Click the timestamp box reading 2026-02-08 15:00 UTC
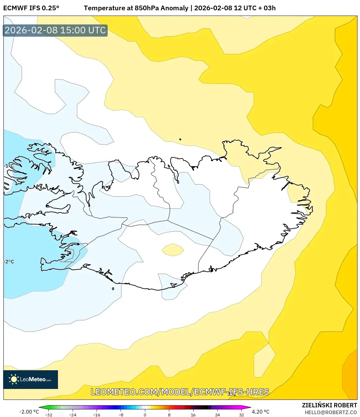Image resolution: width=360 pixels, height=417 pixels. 55,30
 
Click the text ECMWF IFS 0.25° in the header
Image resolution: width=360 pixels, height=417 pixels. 31,8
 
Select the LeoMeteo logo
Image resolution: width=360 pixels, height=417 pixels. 31,379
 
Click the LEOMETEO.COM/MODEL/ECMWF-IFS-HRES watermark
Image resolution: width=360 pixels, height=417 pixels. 180,392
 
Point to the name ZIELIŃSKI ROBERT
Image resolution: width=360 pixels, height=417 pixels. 329,405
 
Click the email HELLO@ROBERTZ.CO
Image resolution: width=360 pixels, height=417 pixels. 331,412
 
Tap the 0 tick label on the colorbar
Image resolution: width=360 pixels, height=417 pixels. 145,415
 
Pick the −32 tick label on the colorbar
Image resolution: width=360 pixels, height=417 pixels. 48,415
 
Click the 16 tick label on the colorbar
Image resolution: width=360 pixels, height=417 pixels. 193,415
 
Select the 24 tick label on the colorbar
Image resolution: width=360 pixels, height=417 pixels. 217,415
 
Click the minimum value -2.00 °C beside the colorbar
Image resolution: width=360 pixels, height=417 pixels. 29,412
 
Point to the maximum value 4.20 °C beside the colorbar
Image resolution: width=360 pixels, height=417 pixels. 261,412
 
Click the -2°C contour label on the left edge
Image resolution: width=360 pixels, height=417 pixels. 9,261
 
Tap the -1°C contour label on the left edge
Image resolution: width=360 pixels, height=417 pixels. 9,166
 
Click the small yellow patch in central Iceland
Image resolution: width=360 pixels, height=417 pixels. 173,250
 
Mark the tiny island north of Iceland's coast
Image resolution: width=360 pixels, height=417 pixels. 180,139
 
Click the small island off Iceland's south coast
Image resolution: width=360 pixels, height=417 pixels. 113,289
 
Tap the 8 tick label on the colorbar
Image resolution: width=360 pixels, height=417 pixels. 169,415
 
